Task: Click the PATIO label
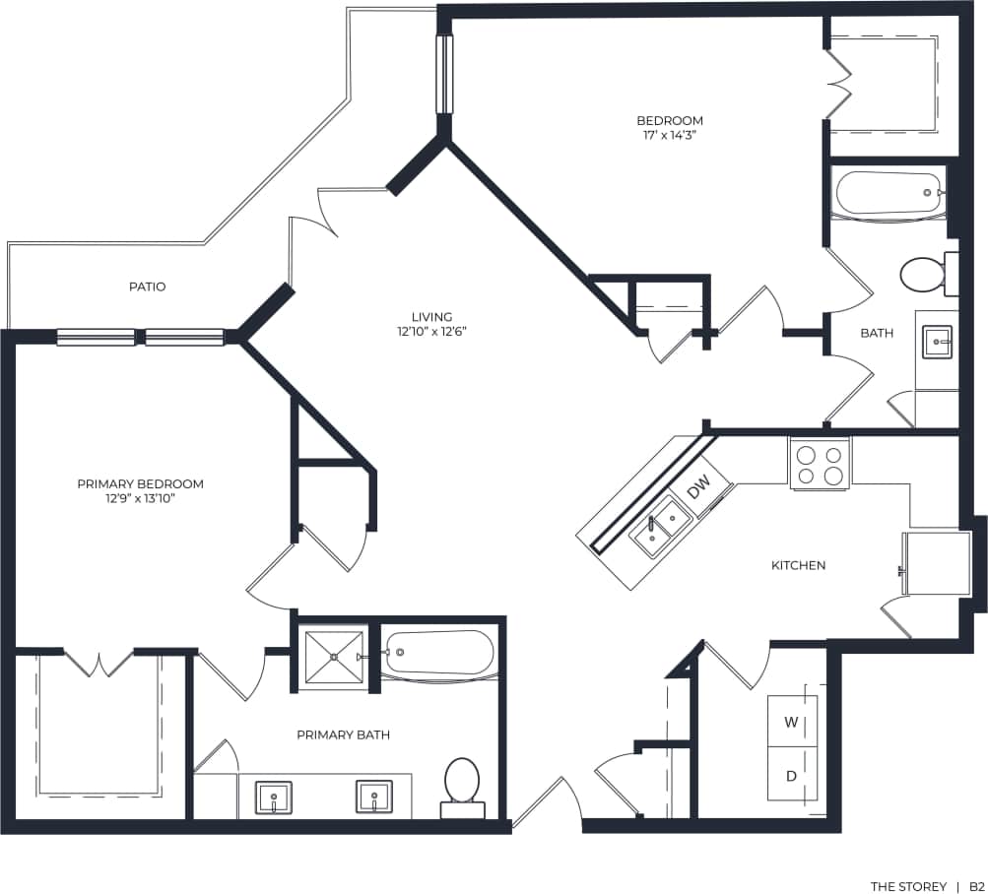point(147,287)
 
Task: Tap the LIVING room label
point(431,316)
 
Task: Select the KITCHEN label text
point(798,565)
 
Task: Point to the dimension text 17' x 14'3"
point(670,136)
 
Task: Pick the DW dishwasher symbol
point(698,486)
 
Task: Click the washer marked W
point(791,721)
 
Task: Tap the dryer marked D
point(791,775)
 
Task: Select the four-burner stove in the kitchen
point(820,464)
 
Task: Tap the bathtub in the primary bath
point(438,652)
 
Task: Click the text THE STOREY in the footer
point(907,886)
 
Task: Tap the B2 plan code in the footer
point(975,886)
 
